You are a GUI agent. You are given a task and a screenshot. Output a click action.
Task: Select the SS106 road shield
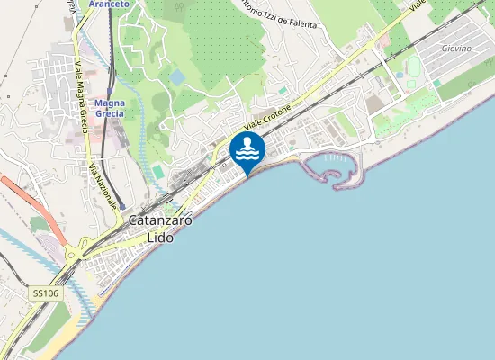click(x=43, y=293)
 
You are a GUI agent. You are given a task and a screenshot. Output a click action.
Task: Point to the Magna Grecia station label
click(x=109, y=109)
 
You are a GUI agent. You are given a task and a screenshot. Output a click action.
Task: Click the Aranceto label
click(x=110, y=4)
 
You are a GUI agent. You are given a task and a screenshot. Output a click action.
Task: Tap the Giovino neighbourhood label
click(x=456, y=48)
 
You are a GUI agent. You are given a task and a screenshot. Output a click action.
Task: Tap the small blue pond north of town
click(x=177, y=77)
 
